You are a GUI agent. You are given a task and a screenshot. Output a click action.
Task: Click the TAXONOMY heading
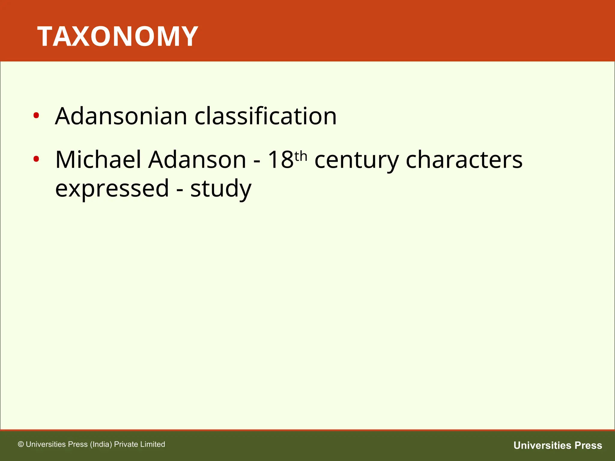[x=117, y=37]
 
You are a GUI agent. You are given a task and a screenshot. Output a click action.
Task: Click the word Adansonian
[x=121, y=116]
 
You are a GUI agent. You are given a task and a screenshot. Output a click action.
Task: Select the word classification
[x=265, y=116]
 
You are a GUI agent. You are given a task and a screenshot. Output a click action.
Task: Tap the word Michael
[x=98, y=160]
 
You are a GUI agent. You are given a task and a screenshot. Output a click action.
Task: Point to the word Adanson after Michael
[x=197, y=160]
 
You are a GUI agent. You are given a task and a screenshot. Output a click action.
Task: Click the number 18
[x=280, y=160]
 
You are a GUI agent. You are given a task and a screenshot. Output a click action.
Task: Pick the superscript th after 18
[x=301, y=156]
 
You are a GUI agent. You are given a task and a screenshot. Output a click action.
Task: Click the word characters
[x=464, y=160]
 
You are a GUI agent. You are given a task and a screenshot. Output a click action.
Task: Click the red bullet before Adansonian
[x=36, y=116]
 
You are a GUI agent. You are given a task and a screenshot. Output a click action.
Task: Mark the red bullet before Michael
[x=36, y=159]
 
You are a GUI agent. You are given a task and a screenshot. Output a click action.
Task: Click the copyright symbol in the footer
[x=21, y=444]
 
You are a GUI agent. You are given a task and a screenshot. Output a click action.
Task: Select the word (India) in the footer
[x=101, y=444]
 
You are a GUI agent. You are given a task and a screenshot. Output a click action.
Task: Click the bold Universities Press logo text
[x=558, y=445]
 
